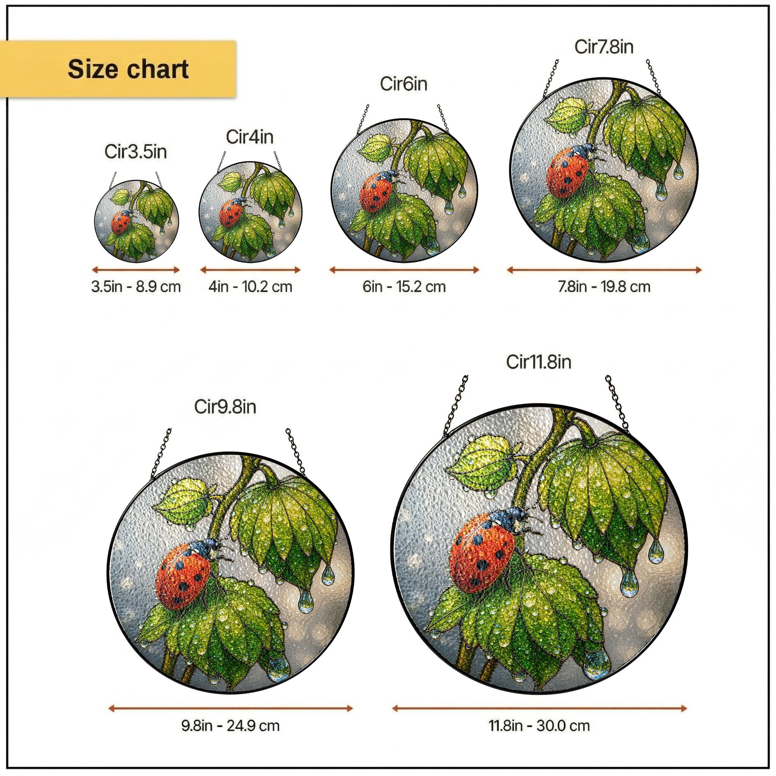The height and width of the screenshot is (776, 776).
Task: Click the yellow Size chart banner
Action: [x=118, y=69]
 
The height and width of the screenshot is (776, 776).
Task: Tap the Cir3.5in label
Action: [x=135, y=152]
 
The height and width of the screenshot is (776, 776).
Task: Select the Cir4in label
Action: [x=249, y=137]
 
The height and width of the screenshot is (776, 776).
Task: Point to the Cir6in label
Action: [x=403, y=84]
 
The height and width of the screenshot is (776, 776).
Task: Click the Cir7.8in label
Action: [x=604, y=47]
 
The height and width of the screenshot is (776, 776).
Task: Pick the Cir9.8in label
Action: [x=225, y=407]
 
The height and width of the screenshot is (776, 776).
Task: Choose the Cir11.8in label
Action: [x=538, y=362]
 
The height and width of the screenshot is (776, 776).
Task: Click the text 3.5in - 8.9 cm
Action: [x=136, y=287]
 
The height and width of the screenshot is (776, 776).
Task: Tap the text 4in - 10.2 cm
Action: [x=250, y=287]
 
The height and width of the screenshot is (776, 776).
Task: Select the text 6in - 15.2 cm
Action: [x=404, y=287]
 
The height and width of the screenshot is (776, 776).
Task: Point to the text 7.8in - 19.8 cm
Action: [x=604, y=287]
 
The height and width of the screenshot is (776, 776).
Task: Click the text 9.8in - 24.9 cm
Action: [x=230, y=726]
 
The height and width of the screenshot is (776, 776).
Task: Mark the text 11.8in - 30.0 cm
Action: [x=539, y=726]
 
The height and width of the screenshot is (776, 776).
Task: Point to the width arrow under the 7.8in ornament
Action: [x=604, y=270]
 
